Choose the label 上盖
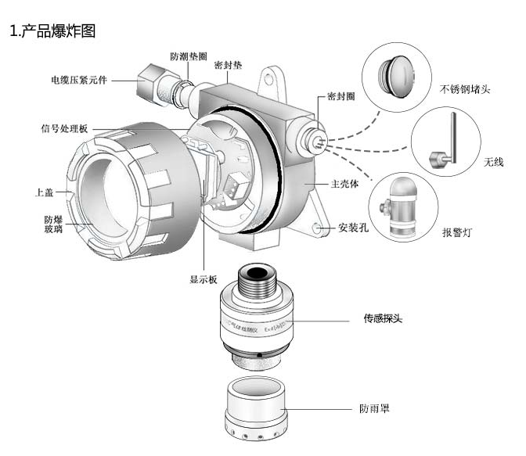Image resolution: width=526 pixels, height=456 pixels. pos(45,192)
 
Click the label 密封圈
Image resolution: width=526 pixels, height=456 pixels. pos(341,97)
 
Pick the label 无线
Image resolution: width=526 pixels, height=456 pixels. pos(495,162)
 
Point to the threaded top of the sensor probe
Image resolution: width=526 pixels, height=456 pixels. pos(256,278)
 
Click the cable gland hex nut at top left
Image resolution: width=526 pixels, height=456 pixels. pos(150,79)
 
